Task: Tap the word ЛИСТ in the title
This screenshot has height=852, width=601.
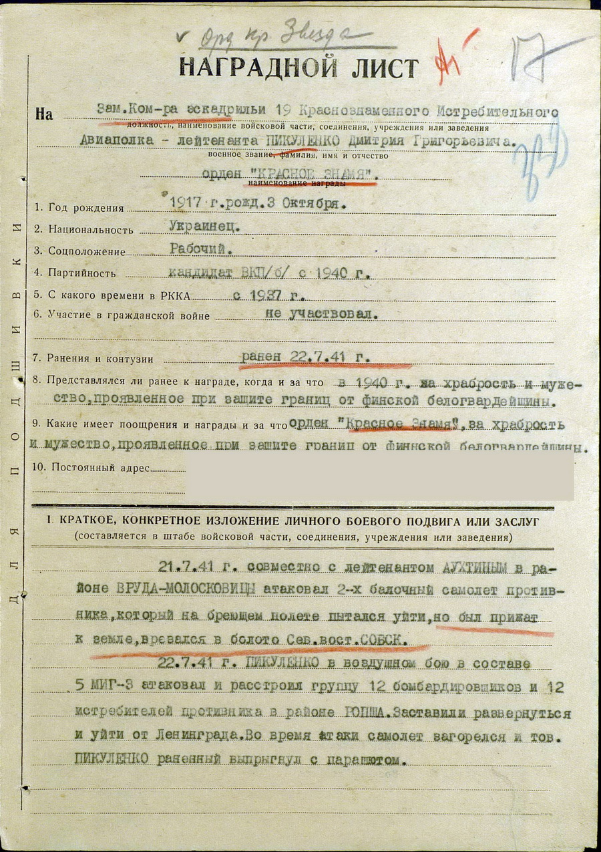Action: click(x=385, y=68)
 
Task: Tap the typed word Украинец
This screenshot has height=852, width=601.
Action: click(x=204, y=226)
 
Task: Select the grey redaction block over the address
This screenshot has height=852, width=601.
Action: click(x=379, y=476)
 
